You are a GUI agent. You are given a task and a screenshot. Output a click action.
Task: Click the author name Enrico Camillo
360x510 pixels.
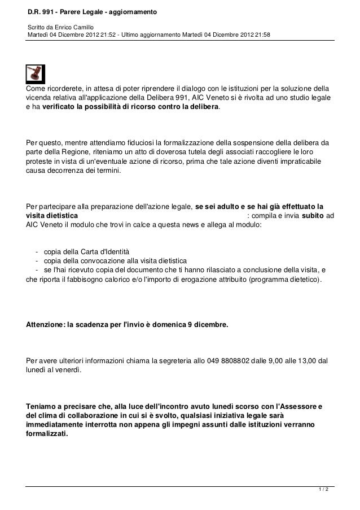pyautogui.click(x=73, y=27)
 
